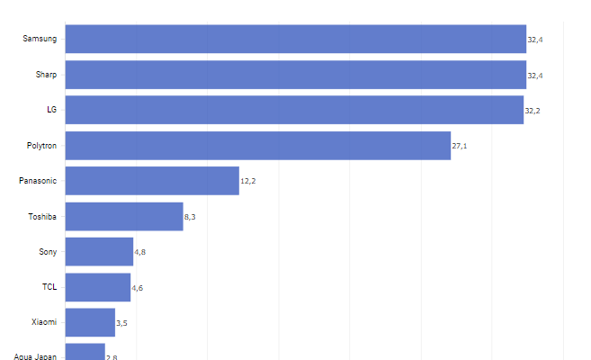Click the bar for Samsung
(x=295, y=39)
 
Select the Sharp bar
(x=295, y=75)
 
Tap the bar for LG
(x=294, y=110)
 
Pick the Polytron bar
(x=257, y=145)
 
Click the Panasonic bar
(x=152, y=181)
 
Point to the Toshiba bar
(x=124, y=216)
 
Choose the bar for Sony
(x=99, y=252)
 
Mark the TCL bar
(x=98, y=287)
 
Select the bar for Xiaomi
(x=90, y=322)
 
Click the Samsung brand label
(x=40, y=40)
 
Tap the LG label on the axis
(x=51, y=110)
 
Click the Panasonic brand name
(x=38, y=181)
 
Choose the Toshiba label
(x=42, y=216)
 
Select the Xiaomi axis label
(x=44, y=322)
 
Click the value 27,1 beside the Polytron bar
(x=459, y=146)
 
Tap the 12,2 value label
(x=247, y=182)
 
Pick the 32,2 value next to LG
(x=532, y=111)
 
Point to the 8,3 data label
(x=190, y=217)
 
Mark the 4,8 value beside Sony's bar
(x=139, y=253)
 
